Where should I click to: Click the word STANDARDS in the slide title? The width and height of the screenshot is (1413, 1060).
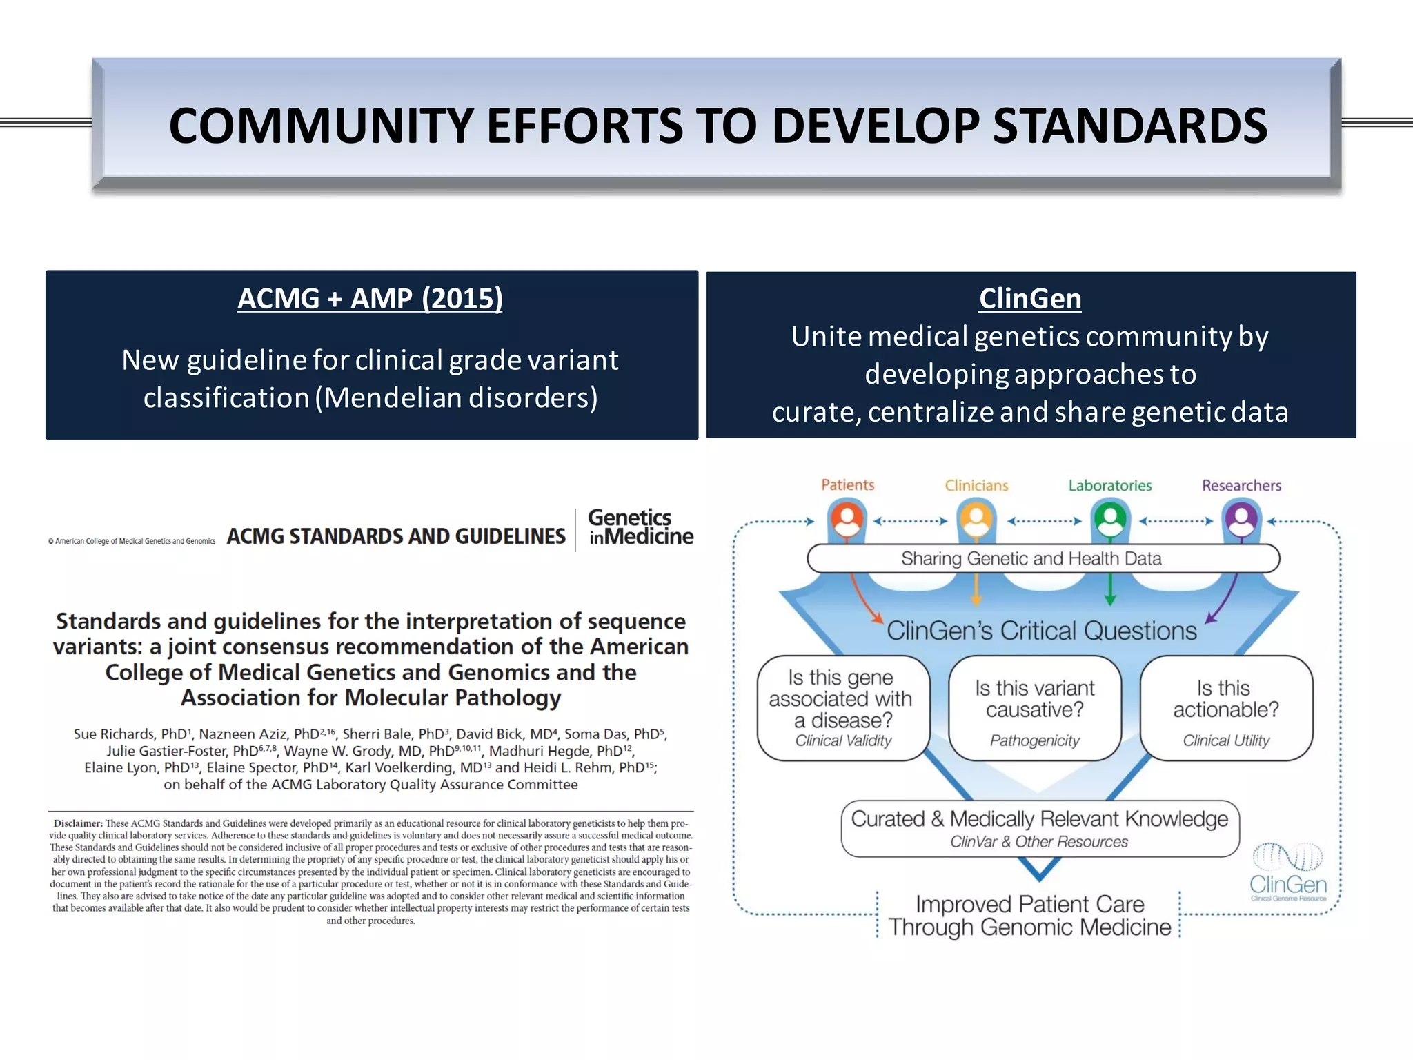click(x=1129, y=126)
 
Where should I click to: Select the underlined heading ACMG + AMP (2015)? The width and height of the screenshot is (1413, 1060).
click(x=370, y=299)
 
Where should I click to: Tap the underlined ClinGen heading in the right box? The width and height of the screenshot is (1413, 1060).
click(x=1029, y=299)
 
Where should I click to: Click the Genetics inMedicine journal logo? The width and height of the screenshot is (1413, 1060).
click(x=640, y=528)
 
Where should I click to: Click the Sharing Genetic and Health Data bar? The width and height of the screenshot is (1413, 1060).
click(x=1043, y=558)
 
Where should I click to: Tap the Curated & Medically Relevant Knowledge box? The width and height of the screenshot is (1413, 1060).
click(x=1039, y=828)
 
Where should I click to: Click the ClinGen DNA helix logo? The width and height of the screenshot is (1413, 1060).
click(x=1287, y=871)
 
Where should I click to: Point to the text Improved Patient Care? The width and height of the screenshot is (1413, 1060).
click(x=1029, y=904)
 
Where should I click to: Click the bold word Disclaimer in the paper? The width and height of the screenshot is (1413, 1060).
click(x=78, y=823)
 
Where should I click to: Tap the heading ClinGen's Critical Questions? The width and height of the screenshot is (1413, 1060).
click(x=1041, y=631)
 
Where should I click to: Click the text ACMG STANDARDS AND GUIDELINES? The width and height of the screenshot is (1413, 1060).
click(x=396, y=536)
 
